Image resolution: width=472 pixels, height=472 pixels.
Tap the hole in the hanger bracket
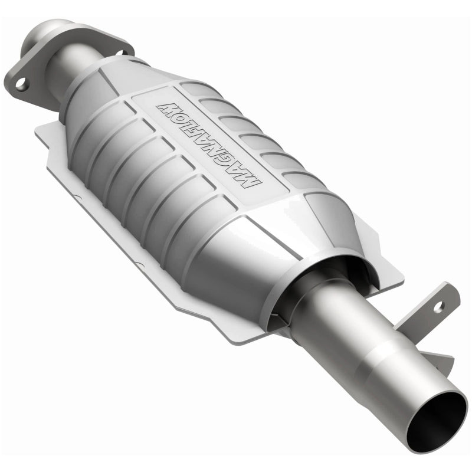tap(437, 306)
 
